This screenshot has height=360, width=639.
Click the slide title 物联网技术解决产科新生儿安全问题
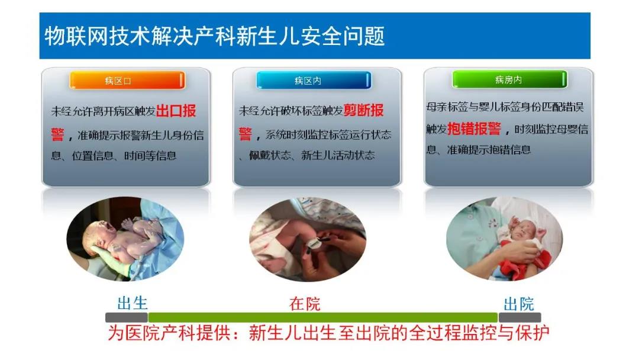(214, 36)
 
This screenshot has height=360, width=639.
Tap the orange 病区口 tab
(127, 81)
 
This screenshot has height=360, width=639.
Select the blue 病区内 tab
(314, 81)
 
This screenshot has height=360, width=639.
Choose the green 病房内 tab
(509, 79)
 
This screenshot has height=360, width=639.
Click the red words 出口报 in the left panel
(176, 111)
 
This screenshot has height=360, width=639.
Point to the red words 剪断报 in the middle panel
(363, 110)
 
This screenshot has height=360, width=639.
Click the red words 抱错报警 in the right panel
(475, 128)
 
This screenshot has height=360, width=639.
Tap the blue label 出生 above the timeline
(133, 303)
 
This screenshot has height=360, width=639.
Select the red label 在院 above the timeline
(305, 304)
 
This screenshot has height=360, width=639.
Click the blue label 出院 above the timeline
(519, 304)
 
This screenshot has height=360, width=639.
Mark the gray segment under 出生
(127, 317)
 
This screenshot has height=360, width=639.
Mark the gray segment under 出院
(519, 317)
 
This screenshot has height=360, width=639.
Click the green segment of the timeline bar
(323, 317)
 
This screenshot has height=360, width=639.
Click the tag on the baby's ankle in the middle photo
(314, 243)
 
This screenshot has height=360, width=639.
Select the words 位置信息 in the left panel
(92, 156)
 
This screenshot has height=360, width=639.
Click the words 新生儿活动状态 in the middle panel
(338, 155)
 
